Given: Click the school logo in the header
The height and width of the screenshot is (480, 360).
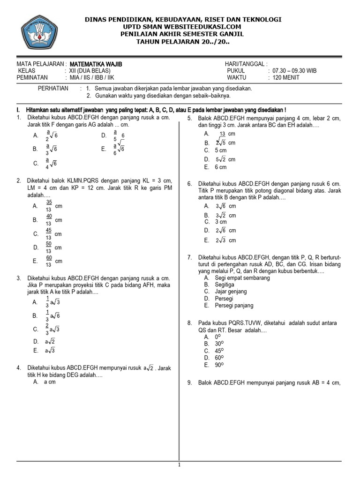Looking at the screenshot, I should (40, 33).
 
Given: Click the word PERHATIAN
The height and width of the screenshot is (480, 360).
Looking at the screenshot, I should (53, 88).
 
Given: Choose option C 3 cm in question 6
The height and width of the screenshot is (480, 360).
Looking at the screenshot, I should (220, 222).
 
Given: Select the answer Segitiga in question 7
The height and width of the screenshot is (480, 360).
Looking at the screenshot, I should (225, 285).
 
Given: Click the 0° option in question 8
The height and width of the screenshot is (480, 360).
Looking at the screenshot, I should (217, 337).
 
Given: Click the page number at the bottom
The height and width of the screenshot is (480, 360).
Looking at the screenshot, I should (179, 465).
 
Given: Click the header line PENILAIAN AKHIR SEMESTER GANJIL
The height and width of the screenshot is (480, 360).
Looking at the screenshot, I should (183, 34).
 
